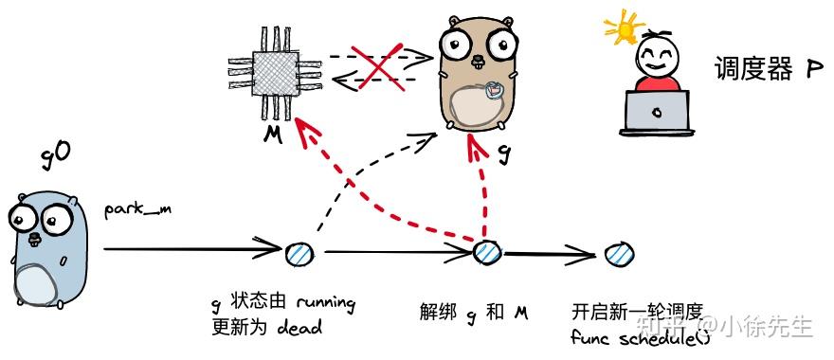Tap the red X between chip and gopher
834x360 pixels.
click(372, 64)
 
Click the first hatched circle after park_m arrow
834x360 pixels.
click(297, 253)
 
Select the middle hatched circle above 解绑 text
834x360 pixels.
click(487, 253)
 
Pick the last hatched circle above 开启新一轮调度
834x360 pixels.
click(613, 253)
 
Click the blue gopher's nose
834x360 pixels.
click(36, 237)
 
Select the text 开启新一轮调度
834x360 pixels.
click(636, 313)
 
